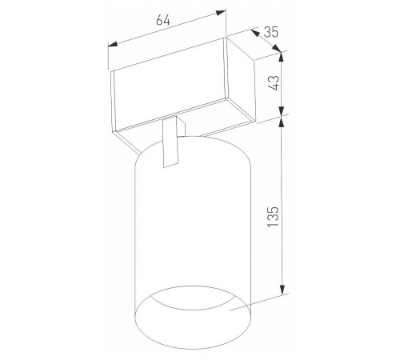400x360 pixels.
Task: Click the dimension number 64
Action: coord(163,20)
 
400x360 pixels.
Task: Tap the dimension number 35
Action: coord(271,32)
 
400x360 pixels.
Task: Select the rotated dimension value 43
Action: coord(274,83)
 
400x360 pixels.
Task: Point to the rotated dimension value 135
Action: coord(273,217)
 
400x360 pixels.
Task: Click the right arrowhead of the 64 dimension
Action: coord(221,13)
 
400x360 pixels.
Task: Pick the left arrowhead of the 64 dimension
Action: coord(113,45)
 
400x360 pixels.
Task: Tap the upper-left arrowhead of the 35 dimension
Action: coord(256,33)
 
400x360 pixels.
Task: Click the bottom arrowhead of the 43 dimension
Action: coord(282,111)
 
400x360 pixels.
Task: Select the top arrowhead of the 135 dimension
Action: coord(282,123)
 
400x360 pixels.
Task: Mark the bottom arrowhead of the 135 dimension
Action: coord(282,289)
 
